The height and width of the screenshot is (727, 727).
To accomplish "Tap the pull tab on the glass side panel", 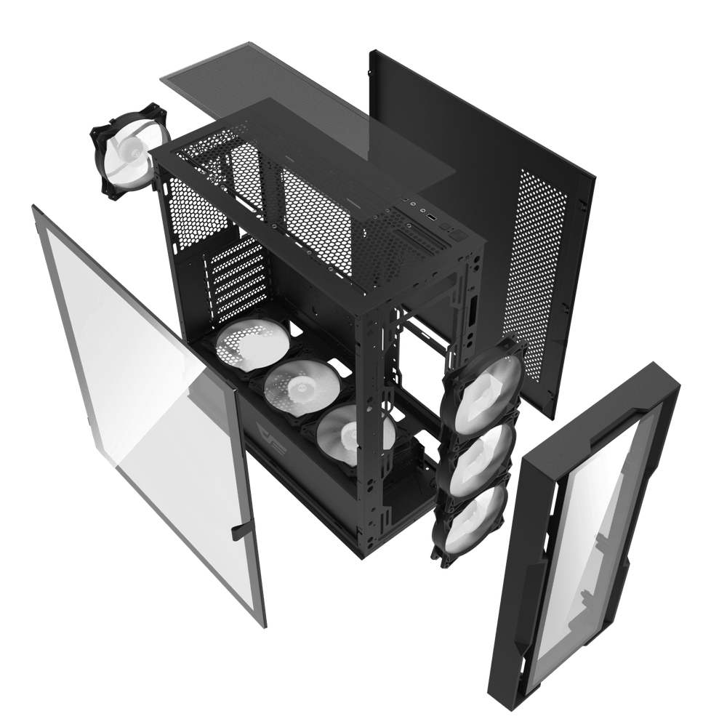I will (238, 533).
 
